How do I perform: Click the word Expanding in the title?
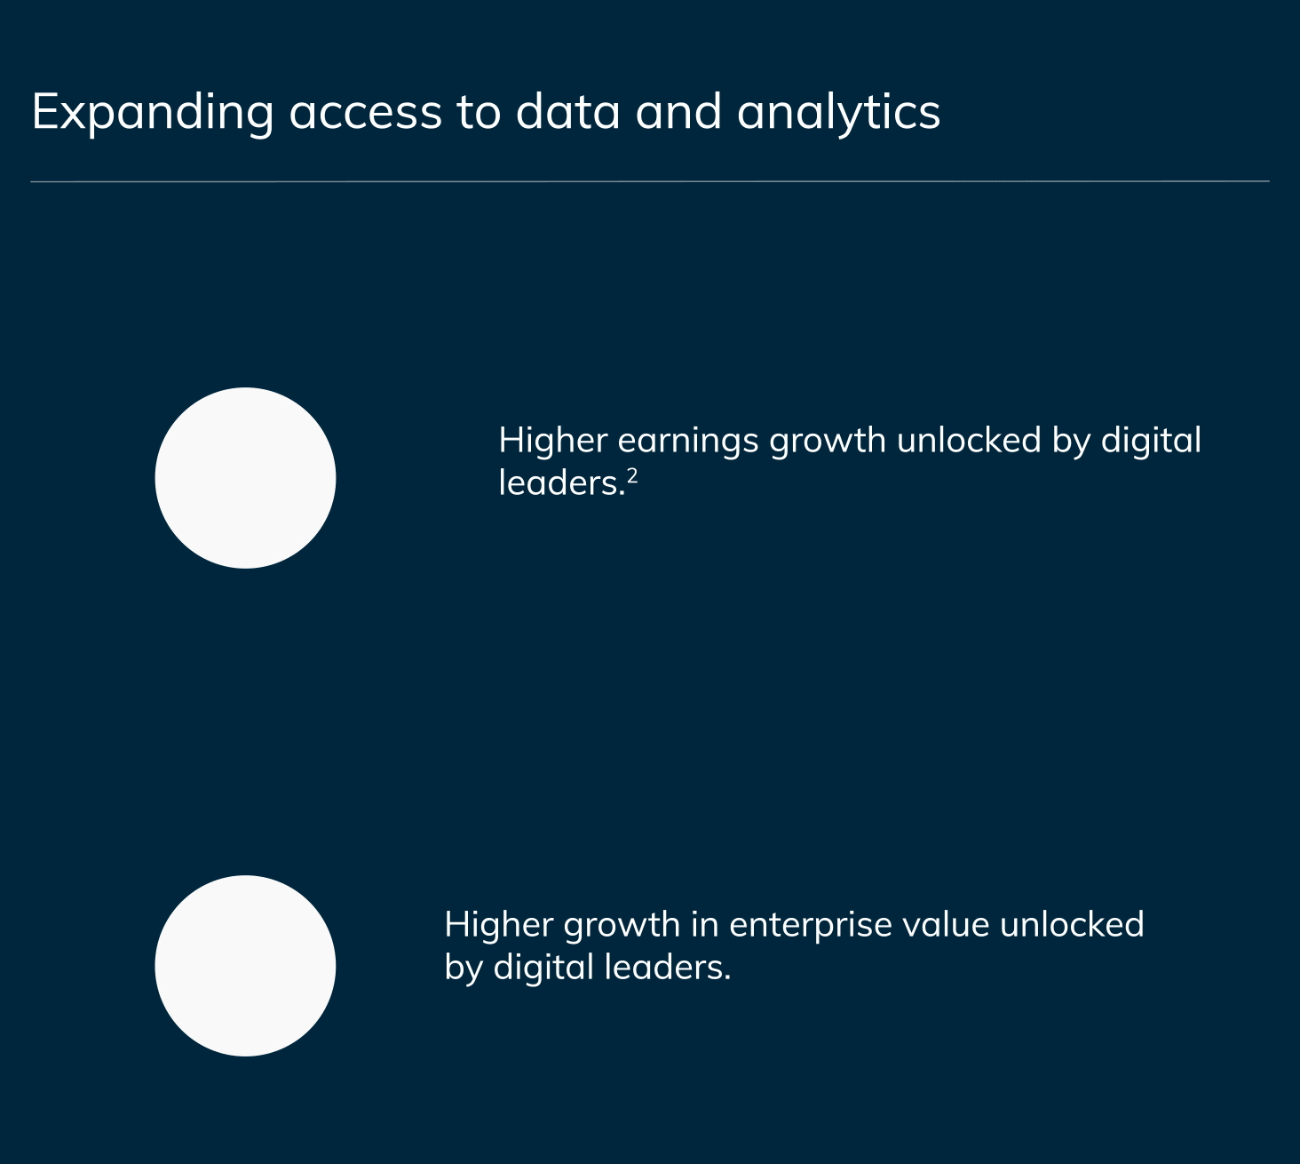(x=153, y=113)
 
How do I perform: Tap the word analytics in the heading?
(x=838, y=113)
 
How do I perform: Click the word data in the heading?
(x=567, y=112)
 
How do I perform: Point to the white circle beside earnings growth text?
(x=245, y=478)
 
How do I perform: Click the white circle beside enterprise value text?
(x=245, y=966)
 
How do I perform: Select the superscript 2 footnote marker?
(x=632, y=475)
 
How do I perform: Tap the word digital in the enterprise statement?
(x=543, y=968)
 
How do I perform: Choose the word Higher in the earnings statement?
(x=553, y=441)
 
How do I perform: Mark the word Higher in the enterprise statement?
(x=498, y=925)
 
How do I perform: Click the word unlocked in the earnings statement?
(x=969, y=441)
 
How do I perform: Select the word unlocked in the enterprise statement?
(x=1072, y=924)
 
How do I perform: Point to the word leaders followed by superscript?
(x=561, y=482)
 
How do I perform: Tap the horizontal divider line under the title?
(x=650, y=181)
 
